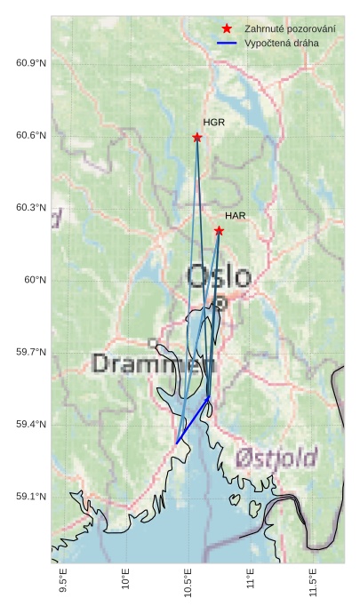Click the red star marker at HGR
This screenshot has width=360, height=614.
pos(197,137)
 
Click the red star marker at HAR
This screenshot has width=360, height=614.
pos(219,231)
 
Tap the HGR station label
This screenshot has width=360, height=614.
pos(213,122)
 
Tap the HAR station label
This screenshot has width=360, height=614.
pos(235,216)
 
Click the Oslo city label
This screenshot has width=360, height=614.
pos(219,276)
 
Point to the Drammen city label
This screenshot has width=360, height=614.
pos(153,363)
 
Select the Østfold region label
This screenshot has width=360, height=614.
pos(276,459)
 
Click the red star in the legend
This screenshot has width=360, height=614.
pos(228,28)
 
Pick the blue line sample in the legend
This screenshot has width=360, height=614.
pos(228,43)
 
